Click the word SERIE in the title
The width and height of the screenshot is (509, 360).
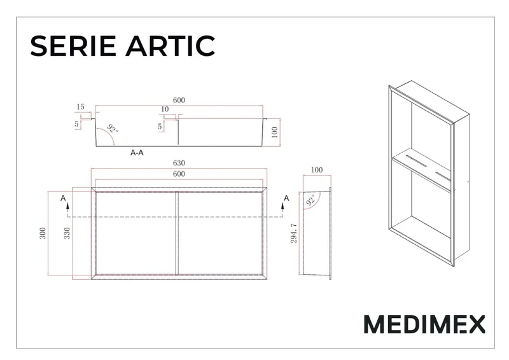73,45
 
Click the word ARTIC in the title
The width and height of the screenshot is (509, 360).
171,45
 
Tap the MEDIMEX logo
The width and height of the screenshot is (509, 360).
424,324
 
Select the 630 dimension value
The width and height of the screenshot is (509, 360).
179,163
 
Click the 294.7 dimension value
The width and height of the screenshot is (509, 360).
293,233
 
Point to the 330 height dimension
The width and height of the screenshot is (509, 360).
67,233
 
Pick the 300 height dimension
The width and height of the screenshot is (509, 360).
43,233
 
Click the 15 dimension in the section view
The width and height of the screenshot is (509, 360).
81,107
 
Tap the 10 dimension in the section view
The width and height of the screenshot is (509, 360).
165,109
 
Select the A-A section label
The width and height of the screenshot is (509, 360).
137,153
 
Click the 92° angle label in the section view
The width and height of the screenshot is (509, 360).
113,128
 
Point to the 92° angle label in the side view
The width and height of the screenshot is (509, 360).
311,200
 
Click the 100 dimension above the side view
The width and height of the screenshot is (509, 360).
317,170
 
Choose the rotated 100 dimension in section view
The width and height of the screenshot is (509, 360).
274,132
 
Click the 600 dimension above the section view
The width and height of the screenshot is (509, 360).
179,100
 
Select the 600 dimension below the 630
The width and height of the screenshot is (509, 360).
179,174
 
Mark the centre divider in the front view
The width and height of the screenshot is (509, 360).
177,233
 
